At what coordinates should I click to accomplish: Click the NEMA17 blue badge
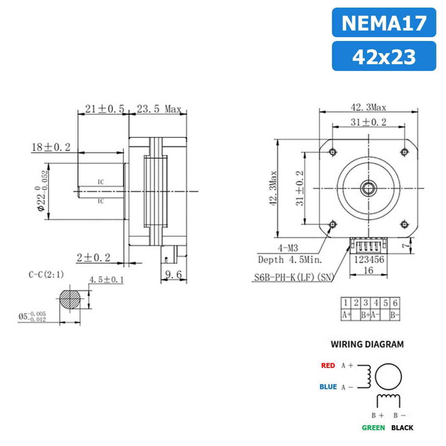[383, 23]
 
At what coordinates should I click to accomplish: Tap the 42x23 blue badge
[383, 56]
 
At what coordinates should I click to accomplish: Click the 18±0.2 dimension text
[51, 147]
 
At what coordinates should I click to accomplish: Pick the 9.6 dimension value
[173, 275]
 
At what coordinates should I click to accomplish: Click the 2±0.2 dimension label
[93, 257]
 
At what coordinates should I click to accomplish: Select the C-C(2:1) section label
[46, 275]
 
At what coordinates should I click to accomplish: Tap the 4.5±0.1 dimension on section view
[106, 280]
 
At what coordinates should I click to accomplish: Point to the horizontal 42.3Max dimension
[367, 107]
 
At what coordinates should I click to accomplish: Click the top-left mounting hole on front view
[332, 151]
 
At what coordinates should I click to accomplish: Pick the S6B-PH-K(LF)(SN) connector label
[294, 277]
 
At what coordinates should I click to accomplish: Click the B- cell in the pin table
[395, 315]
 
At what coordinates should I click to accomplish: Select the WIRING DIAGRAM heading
[367, 344]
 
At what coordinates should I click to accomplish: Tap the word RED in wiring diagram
[328, 365]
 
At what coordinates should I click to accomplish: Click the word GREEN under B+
[373, 427]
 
